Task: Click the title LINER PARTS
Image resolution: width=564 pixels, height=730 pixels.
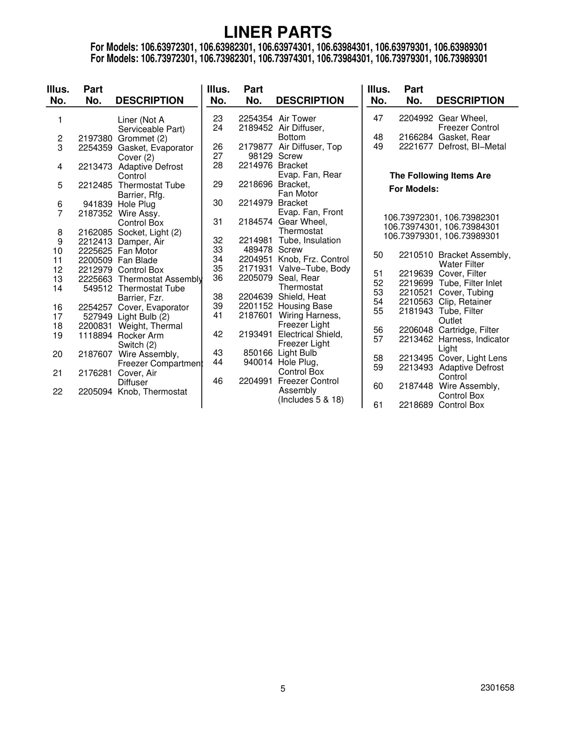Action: click(278, 32)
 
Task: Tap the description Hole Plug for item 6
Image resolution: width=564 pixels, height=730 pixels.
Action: click(136, 204)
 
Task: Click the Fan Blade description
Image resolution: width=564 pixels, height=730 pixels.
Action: click(137, 260)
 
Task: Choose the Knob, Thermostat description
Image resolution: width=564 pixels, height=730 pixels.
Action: click(152, 392)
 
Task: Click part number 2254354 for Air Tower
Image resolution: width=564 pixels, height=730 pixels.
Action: click(256, 118)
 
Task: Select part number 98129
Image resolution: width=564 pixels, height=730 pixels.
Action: click(263, 156)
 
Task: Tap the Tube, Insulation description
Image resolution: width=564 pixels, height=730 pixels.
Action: click(309, 240)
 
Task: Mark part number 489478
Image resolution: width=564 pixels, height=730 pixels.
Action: click(258, 250)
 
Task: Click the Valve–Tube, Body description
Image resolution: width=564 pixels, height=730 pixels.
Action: click(314, 269)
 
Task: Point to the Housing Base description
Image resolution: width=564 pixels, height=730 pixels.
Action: click(305, 306)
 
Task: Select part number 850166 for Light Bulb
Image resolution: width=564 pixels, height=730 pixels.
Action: click(258, 353)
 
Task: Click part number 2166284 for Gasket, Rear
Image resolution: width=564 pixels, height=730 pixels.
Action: click(416, 137)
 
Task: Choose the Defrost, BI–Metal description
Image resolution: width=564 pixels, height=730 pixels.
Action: click(472, 147)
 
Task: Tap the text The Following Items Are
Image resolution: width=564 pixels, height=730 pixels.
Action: click(440, 176)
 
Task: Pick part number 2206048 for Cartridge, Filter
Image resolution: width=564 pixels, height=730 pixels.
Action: click(416, 330)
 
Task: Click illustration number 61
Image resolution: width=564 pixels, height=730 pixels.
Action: click(378, 405)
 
